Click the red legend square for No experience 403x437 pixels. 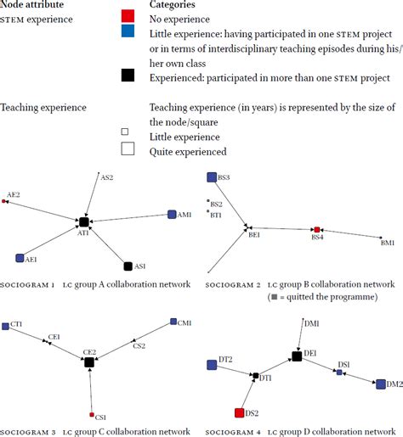coord(127,17)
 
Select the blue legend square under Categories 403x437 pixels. coord(127,31)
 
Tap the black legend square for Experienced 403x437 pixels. coord(127,76)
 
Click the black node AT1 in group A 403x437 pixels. coord(83,221)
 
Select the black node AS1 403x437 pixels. coord(128,266)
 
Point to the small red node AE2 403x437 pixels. coord(4,202)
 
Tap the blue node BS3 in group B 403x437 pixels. coord(212,177)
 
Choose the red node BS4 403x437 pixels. coord(317,229)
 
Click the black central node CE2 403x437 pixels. coord(88,362)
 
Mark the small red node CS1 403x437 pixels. coord(92,414)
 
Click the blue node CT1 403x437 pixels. coord(5,326)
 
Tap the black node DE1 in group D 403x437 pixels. coord(297,356)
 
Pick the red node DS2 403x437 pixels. coord(240,413)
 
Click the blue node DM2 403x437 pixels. coord(379,384)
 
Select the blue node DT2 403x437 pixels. coord(212,365)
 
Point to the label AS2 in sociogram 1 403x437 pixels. coord(107,177)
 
